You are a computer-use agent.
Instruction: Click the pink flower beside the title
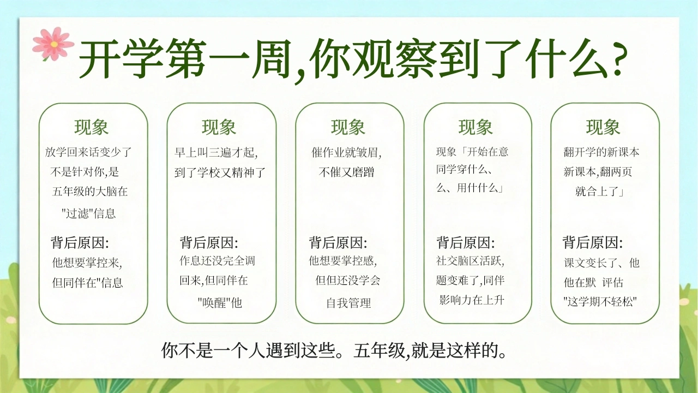[x=53, y=44]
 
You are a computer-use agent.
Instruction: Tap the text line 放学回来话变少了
[x=88, y=152]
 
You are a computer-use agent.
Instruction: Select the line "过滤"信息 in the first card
[x=89, y=213]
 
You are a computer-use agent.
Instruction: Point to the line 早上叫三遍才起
[x=215, y=152]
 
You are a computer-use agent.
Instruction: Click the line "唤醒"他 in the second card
[x=220, y=302]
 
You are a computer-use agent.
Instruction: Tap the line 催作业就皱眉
[x=346, y=152]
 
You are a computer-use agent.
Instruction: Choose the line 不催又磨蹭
[x=346, y=172]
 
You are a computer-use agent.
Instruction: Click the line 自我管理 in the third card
[x=348, y=303]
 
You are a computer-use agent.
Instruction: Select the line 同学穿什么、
[x=464, y=169]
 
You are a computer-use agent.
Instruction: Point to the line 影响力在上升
[x=472, y=300]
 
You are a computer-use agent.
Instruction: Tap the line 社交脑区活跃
[x=470, y=261]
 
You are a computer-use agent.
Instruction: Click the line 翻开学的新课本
[x=601, y=152]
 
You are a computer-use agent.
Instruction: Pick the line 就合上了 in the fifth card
[x=599, y=191]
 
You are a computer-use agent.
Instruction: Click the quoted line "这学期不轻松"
[x=600, y=302]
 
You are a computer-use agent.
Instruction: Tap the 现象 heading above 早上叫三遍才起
[x=219, y=127]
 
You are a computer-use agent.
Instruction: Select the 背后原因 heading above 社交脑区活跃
[x=465, y=242]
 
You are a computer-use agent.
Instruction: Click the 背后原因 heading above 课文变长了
[x=592, y=242]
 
